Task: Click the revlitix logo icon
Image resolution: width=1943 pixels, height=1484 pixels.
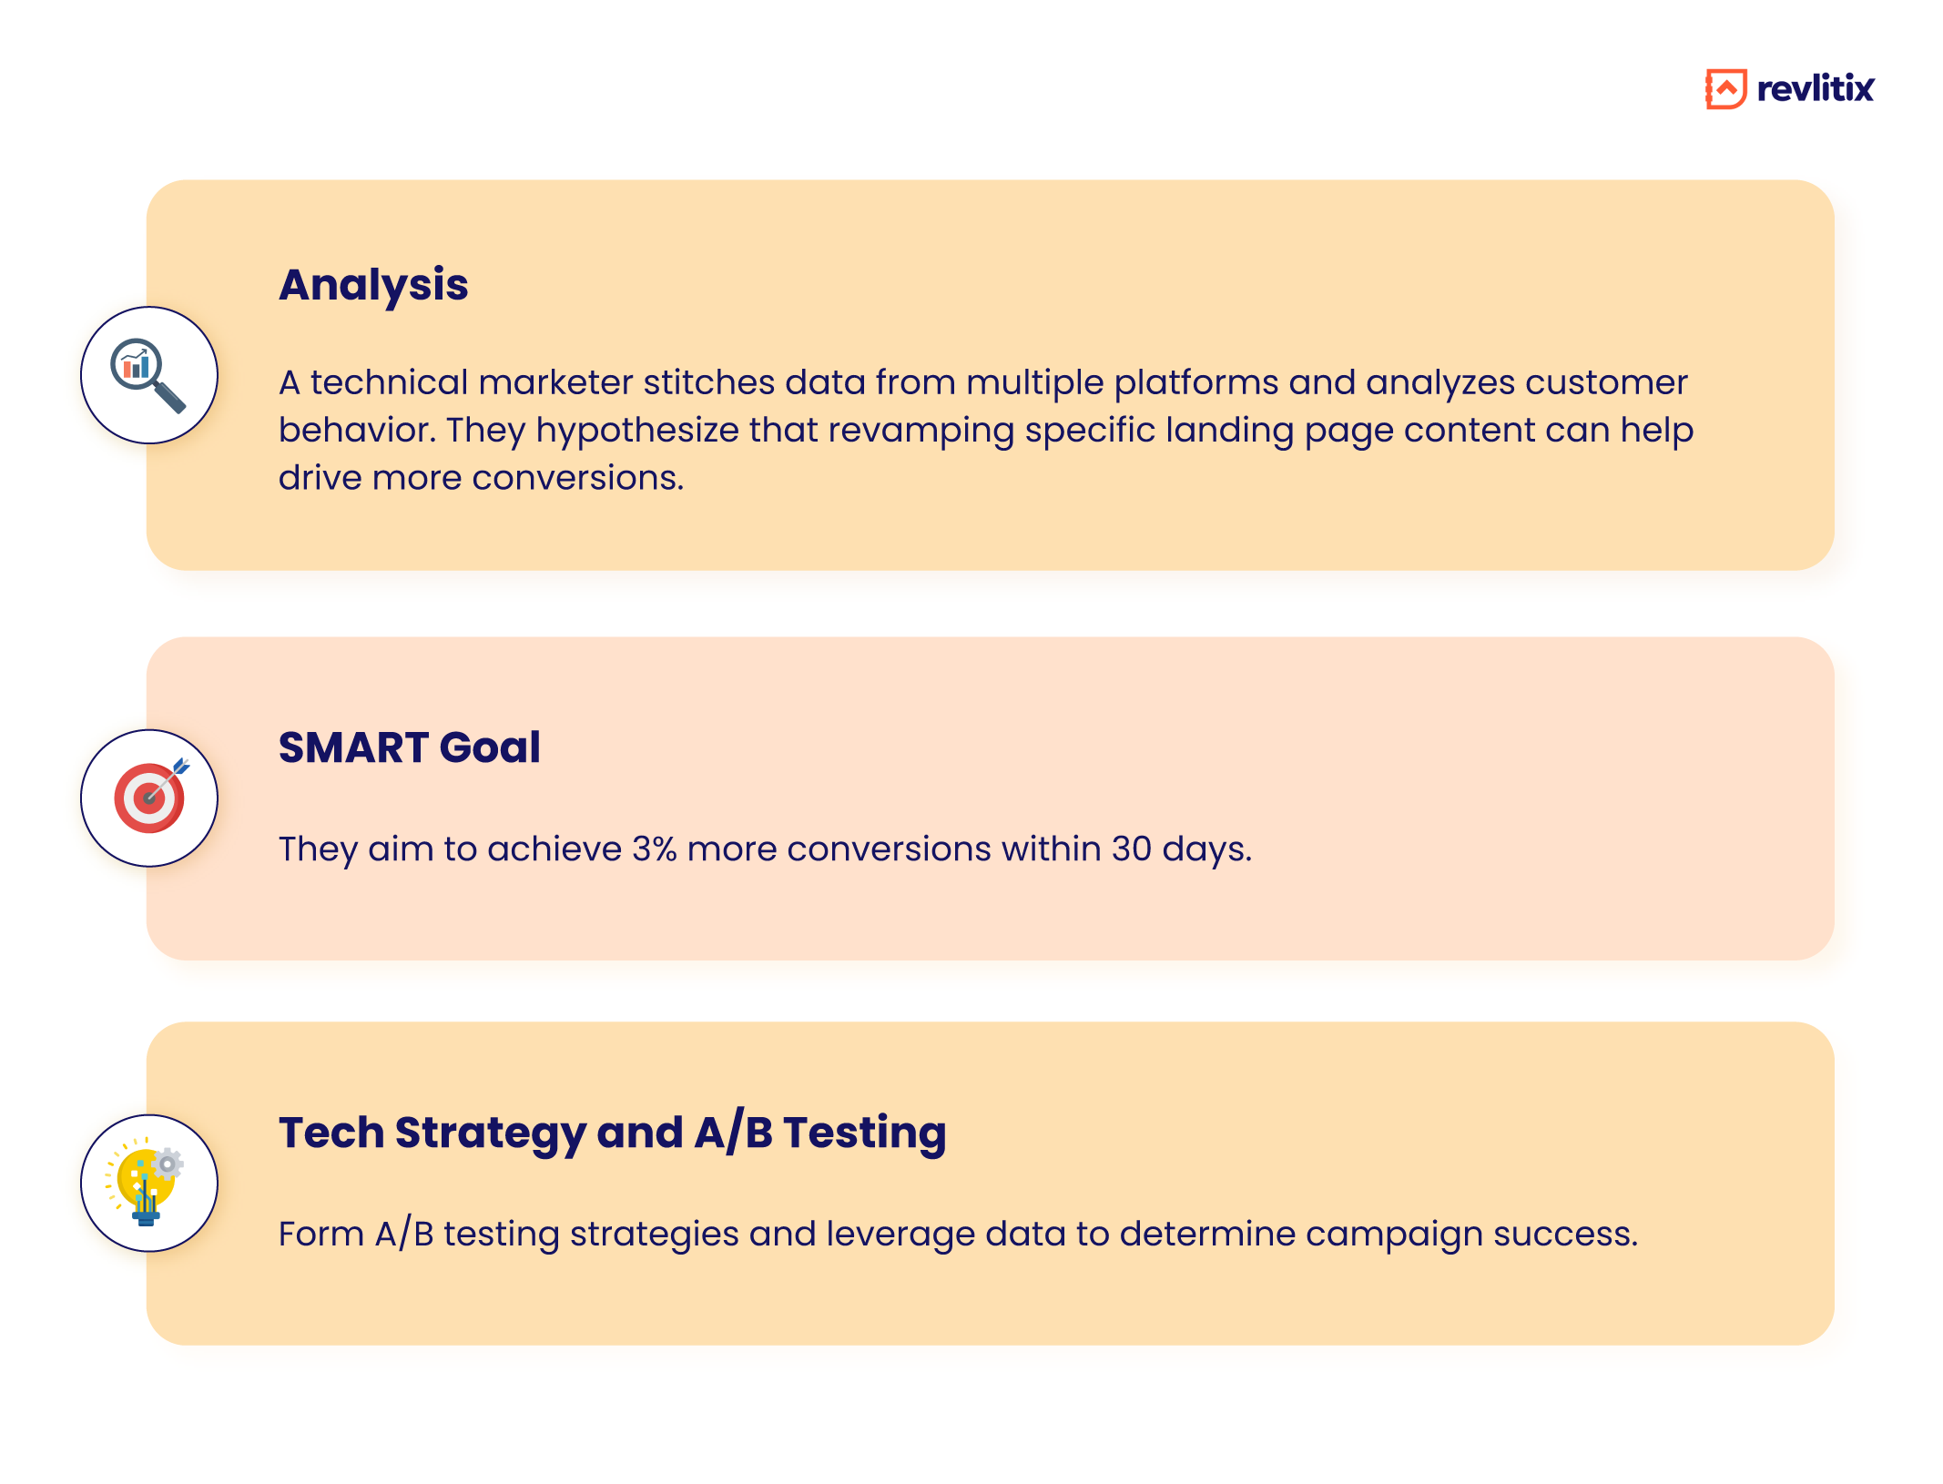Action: click(1725, 89)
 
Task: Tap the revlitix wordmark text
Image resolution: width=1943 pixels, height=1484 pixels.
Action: click(1815, 89)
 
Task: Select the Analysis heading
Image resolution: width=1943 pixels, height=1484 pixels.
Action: click(373, 285)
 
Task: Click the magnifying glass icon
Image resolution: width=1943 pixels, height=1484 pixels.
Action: click(148, 375)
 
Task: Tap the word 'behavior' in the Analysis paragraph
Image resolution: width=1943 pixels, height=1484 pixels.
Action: click(356, 431)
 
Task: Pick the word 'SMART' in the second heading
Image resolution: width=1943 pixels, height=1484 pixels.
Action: click(353, 747)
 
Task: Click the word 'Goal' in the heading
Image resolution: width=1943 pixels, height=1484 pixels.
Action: click(490, 747)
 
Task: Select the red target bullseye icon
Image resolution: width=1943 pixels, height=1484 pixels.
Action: click(148, 798)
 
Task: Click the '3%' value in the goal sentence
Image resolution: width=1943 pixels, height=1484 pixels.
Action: click(655, 849)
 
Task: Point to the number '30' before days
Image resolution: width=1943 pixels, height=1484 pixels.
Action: click(1131, 849)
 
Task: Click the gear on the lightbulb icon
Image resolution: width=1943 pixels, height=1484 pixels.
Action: click(168, 1164)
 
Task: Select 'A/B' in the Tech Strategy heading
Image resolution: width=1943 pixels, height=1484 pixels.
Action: click(733, 1133)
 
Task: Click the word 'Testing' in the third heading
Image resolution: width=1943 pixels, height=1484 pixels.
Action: click(865, 1133)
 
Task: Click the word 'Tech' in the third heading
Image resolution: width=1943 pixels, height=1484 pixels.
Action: click(331, 1133)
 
